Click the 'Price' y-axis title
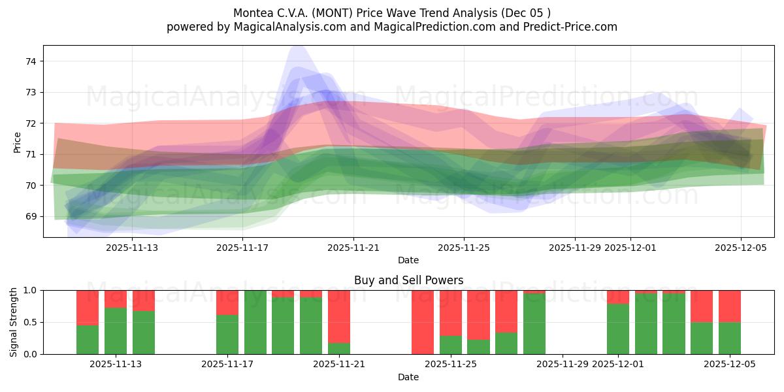click(x=18, y=142)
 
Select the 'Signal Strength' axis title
click(x=14, y=322)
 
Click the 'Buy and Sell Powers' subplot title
click(x=408, y=280)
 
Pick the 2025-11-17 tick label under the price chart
click(x=242, y=248)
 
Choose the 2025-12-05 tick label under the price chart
click(x=740, y=248)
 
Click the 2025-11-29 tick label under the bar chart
click(x=563, y=365)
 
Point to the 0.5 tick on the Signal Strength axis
click(x=31, y=322)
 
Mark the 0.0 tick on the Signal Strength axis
click(x=31, y=354)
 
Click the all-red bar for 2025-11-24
click(x=422, y=322)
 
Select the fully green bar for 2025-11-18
click(x=255, y=322)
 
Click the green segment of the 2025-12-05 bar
click(x=729, y=338)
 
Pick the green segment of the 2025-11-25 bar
click(x=450, y=345)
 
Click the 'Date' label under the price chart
click(x=408, y=260)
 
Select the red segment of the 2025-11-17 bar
click(x=227, y=302)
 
